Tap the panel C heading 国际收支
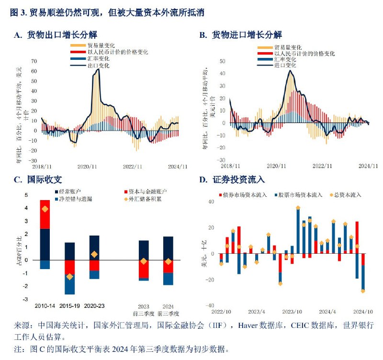[x=44, y=180]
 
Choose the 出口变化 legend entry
[x=98, y=66]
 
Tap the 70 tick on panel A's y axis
[x=34, y=61]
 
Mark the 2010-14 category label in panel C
[x=45, y=305]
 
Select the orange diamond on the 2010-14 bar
[x=45, y=209]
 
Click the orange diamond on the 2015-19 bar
[x=70, y=277]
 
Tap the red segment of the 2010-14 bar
[x=45, y=214]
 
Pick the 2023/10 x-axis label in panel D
[x=292, y=312]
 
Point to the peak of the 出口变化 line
[x=98, y=69]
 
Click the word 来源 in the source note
[x=18, y=326]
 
